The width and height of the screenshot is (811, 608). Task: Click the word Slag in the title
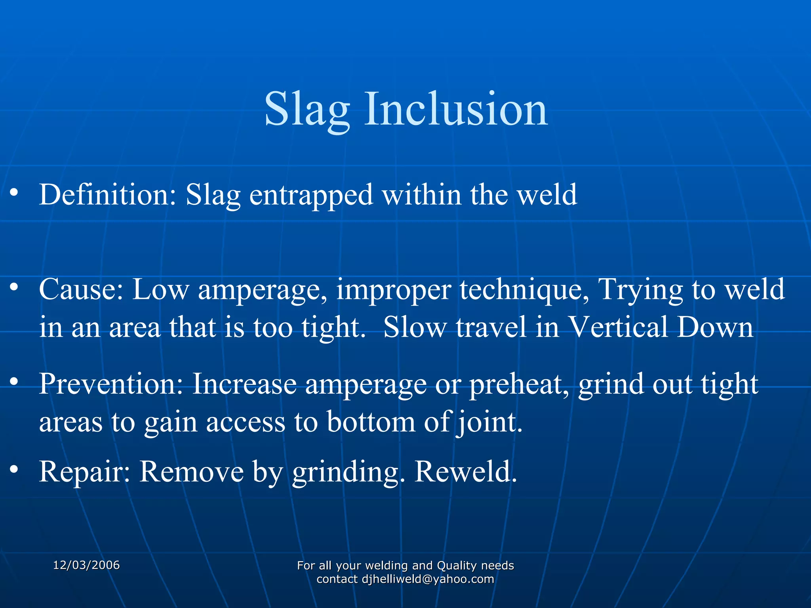pos(307,109)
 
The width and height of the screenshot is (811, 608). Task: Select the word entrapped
pos(311,195)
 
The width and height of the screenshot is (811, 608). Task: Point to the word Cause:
pos(81,289)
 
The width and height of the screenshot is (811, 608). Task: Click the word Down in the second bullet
pos(715,327)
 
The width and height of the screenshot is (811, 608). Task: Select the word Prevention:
pos(111,384)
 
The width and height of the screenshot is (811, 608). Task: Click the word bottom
pos(371,422)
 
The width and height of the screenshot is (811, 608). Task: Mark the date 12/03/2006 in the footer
pos(86,565)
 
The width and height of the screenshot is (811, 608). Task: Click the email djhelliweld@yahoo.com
pos(428,579)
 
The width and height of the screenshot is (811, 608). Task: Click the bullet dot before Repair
pos(14,469)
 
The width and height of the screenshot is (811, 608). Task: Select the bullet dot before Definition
pos(14,192)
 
